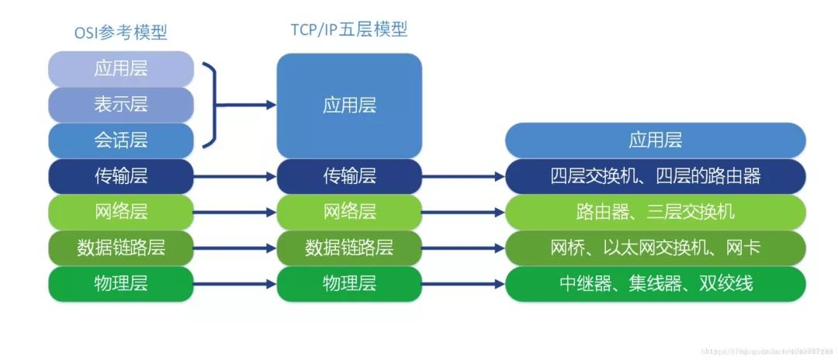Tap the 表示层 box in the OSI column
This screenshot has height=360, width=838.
click(120, 104)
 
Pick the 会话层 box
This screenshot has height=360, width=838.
click(120, 140)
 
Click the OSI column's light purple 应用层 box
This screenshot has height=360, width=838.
click(120, 68)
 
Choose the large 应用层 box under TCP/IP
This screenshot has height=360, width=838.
click(349, 106)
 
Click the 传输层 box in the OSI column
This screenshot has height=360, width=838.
click(120, 176)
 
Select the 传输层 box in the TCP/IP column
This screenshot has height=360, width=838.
click(349, 176)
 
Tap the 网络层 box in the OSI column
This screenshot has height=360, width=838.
click(120, 212)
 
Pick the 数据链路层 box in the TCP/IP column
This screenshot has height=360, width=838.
click(349, 247)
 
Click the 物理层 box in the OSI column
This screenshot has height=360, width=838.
click(120, 283)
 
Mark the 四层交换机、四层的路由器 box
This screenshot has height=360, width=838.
click(656, 176)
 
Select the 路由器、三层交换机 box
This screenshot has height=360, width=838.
click(656, 212)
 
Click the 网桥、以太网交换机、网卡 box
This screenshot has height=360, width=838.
click(656, 247)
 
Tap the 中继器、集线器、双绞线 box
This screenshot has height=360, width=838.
click(656, 283)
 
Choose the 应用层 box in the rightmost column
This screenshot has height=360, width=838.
click(656, 140)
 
